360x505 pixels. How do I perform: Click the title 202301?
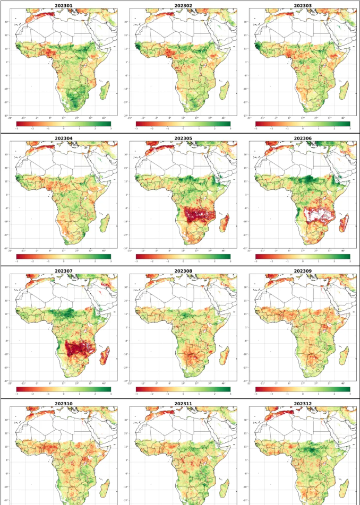63,6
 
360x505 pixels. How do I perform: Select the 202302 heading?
183,6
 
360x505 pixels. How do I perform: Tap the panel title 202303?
303,6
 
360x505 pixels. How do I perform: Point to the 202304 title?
63,138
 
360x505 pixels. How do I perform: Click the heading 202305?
183,138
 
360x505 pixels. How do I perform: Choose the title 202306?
303,138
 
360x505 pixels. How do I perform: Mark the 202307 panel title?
63,271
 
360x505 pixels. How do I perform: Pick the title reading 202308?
183,271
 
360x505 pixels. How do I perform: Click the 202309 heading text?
303,271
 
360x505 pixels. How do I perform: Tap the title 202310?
63,404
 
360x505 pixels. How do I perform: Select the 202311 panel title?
183,404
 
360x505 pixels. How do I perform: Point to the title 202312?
303,404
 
